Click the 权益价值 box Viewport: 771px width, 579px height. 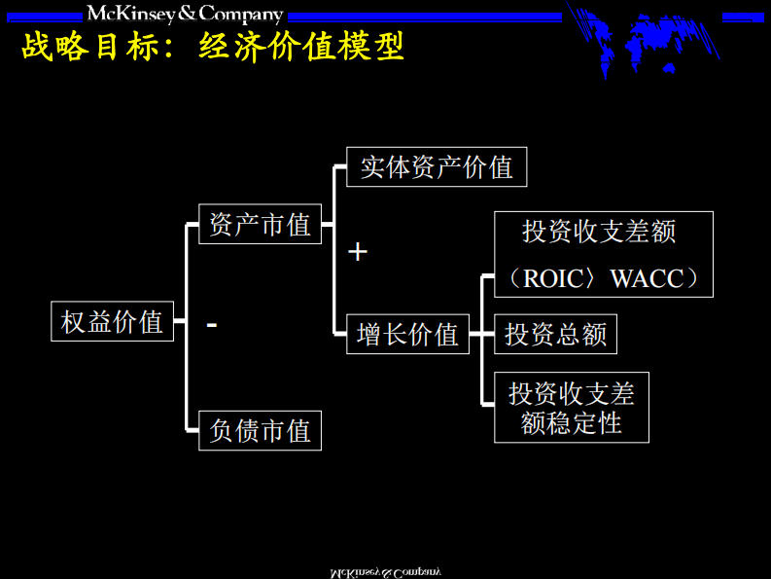click(x=112, y=321)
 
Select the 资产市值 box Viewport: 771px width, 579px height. click(x=260, y=225)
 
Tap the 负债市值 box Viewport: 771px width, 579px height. click(x=260, y=430)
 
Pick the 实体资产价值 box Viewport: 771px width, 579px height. click(x=437, y=167)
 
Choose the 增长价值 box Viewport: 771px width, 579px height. click(x=407, y=335)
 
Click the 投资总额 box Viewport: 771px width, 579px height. click(x=555, y=335)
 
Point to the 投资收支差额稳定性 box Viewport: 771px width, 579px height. click(x=571, y=407)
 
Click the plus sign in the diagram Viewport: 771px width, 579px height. click(x=358, y=252)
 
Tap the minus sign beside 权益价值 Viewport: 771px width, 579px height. click(x=212, y=323)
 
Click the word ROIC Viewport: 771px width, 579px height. click(x=552, y=279)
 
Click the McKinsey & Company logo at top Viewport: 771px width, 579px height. click(x=185, y=14)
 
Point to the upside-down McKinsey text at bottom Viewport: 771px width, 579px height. click(x=385, y=570)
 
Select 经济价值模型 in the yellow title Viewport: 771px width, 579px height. click(x=300, y=46)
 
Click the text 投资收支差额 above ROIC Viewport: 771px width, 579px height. click(x=598, y=232)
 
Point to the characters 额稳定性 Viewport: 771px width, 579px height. click(x=571, y=423)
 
